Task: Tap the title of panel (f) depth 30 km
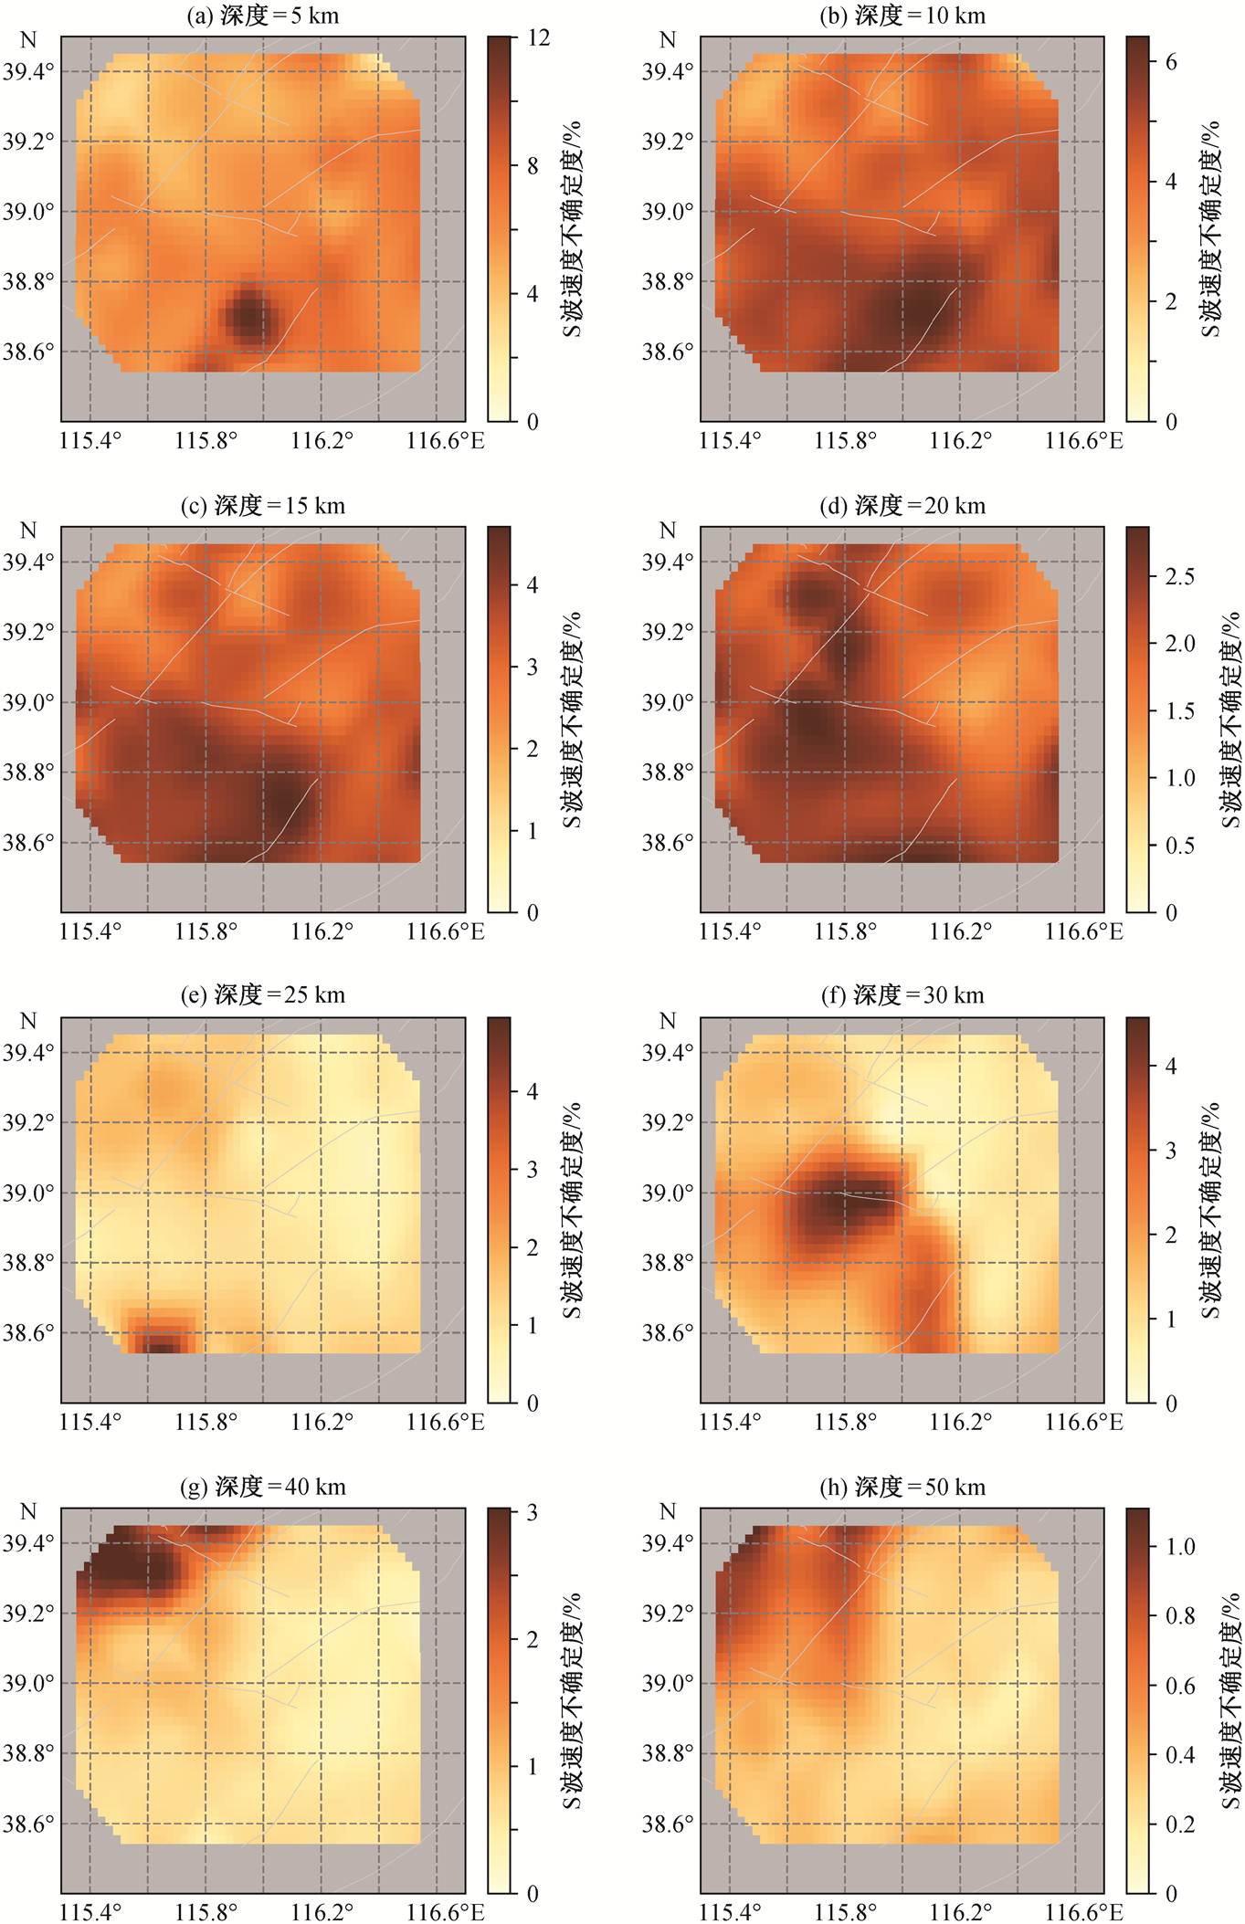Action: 902,995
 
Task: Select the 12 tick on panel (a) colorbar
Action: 539,37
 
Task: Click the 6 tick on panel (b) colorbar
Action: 1171,62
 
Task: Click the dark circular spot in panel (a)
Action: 249,316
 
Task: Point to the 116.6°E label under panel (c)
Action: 446,932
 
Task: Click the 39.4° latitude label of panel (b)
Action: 667,71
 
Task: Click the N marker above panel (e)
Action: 28,1021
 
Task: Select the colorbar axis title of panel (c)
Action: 573,719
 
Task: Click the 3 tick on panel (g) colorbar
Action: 533,1512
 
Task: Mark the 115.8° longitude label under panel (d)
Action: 845,932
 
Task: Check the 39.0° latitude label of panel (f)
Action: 667,1193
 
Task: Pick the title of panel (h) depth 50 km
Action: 902,1487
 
